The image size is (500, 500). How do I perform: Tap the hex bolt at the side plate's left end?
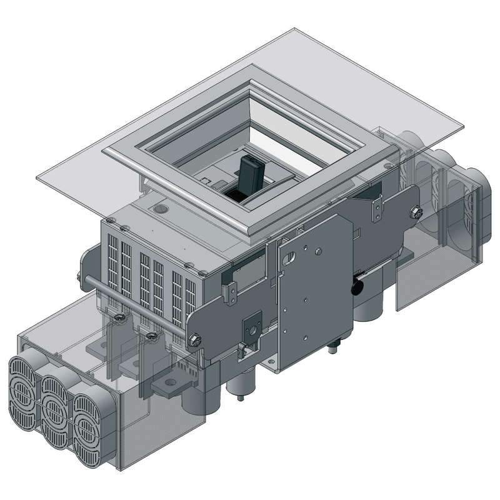(x=194, y=338)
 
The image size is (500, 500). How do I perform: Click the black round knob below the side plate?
(x=359, y=286)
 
